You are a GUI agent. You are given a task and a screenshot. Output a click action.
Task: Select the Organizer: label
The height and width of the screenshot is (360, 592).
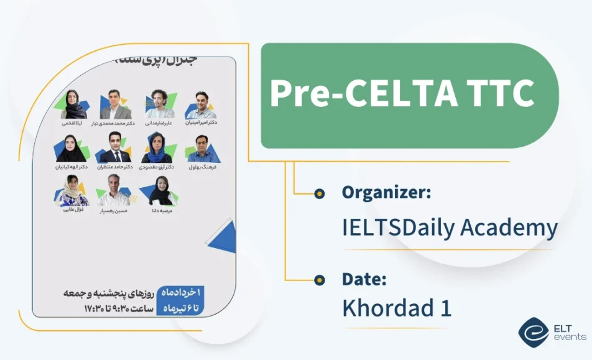[386, 192]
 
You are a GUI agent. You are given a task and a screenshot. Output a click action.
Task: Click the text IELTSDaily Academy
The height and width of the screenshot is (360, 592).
[450, 228]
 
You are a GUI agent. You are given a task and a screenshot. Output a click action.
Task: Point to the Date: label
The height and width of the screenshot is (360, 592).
[364, 279]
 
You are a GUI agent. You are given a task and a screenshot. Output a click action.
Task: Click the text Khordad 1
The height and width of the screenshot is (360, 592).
[396, 308]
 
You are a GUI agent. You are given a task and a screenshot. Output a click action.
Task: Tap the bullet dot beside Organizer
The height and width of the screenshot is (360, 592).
[319, 194]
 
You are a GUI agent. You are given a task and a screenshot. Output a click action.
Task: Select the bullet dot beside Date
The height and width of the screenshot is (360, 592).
[319, 279]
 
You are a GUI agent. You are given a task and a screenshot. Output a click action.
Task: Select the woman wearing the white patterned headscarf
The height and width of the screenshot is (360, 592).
[73, 190]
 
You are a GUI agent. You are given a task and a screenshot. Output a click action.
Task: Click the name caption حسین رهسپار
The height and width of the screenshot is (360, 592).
[114, 210]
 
